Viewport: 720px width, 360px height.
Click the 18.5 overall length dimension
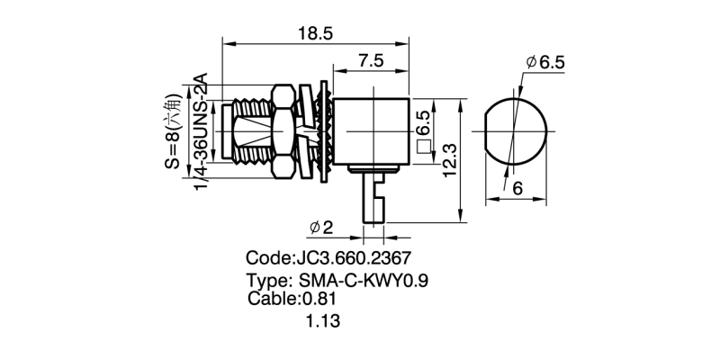(315, 33)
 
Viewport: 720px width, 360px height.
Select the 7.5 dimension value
(371, 61)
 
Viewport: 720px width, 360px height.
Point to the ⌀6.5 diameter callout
(545, 62)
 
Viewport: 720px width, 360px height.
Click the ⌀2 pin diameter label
(321, 228)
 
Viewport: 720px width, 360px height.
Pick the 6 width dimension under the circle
(517, 189)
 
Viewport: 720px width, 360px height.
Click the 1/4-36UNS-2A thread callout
(202, 131)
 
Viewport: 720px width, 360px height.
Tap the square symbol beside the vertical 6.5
(424, 147)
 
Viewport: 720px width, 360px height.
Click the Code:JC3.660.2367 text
(328, 258)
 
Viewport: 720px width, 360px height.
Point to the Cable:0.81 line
(292, 299)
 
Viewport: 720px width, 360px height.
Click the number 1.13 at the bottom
(323, 321)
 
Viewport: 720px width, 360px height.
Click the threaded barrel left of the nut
(252, 131)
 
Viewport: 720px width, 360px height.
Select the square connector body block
(371, 131)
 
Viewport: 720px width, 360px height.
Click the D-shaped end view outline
(516, 131)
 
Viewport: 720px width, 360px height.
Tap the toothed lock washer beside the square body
(323, 131)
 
